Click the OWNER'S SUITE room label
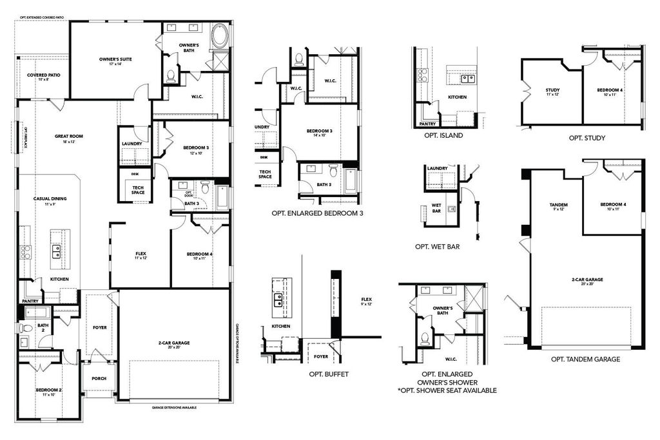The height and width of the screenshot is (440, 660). (x=116, y=59)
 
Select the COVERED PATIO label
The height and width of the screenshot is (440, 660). (x=43, y=75)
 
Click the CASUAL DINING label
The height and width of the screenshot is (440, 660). (x=50, y=198)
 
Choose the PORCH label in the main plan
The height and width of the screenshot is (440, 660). (x=99, y=378)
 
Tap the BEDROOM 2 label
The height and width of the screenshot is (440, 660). (x=48, y=390)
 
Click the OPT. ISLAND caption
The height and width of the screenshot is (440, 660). (x=443, y=135)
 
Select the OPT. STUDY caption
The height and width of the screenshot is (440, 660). (x=587, y=138)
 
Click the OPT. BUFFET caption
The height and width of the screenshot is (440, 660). (x=329, y=374)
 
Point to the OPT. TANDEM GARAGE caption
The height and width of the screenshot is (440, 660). (x=586, y=359)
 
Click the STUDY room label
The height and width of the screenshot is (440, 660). (x=552, y=90)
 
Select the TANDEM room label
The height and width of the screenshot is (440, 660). (x=558, y=205)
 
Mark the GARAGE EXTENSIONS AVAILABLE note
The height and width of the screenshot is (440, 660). (x=174, y=408)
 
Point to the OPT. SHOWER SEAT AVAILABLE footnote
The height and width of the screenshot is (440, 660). (x=447, y=390)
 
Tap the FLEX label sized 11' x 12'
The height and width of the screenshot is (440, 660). (x=141, y=253)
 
